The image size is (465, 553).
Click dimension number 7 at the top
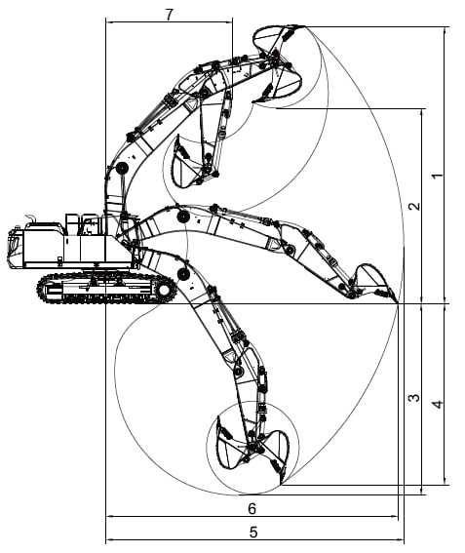click(170, 15)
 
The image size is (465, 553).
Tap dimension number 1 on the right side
click(437, 176)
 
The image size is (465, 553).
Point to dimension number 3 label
click(414, 398)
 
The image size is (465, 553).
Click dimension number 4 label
click(438, 404)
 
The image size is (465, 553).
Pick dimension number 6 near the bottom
click(252, 508)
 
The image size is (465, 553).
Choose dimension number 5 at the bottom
click(253, 533)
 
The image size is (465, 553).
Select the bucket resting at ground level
click(373, 282)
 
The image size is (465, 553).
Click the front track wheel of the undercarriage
click(164, 290)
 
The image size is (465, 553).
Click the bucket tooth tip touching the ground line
click(398, 302)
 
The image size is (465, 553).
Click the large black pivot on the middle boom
click(183, 217)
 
